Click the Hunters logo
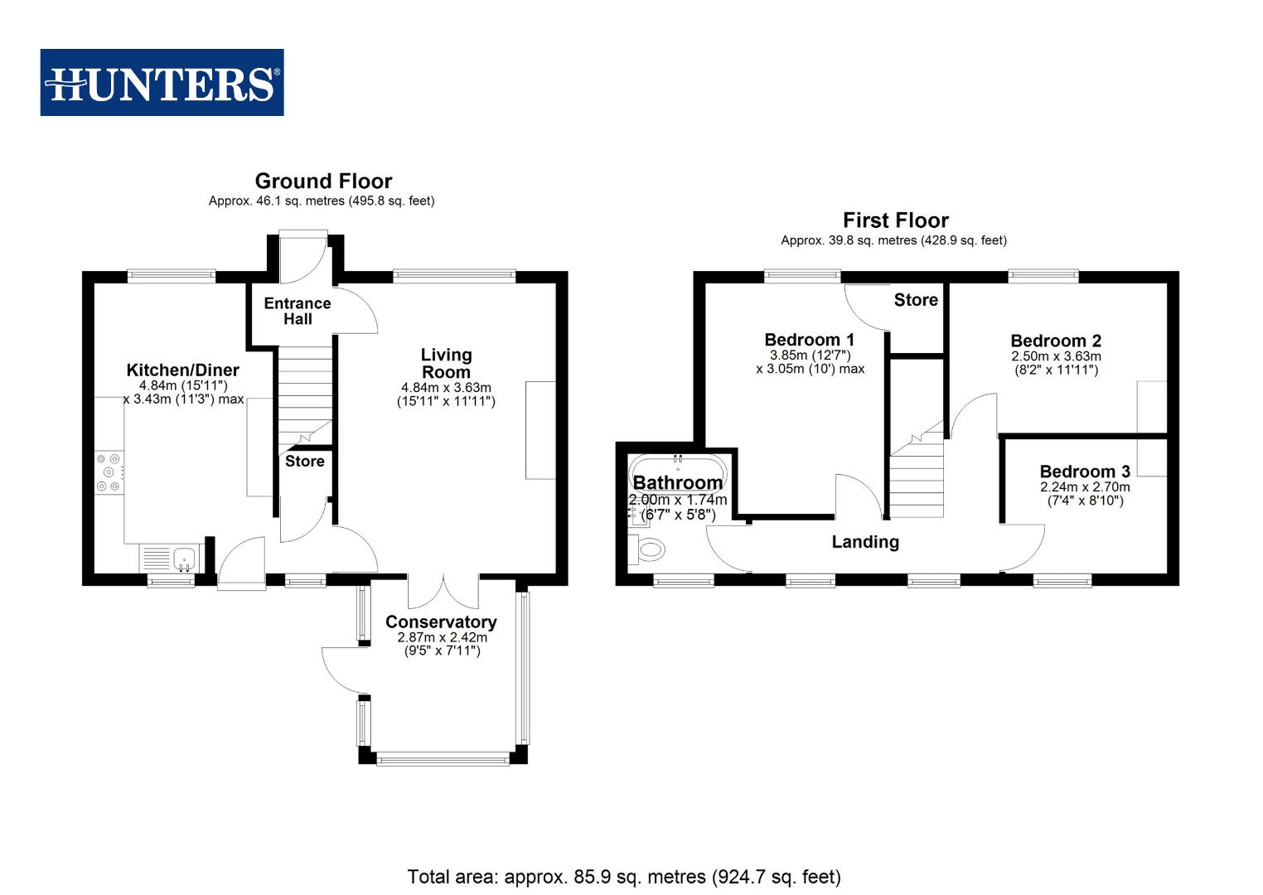[x=162, y=83]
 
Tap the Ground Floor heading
[x=323, y=181]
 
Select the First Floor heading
[x=895, y=220]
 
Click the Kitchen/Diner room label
[x=182, y=370]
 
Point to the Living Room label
[x=446, y=363]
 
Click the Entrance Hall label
[x=298, y=311]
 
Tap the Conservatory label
[x=441, y=622]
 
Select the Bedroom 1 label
[x=809, y=340]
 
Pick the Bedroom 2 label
[x=1056, y=341]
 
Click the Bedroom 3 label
[x=1085, y=472]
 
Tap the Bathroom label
[x=677, y=483]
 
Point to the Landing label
[x=865, y=542]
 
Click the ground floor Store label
[x=304, y=462]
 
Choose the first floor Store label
[x=916, y=300]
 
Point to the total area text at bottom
[x=623, y=876]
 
